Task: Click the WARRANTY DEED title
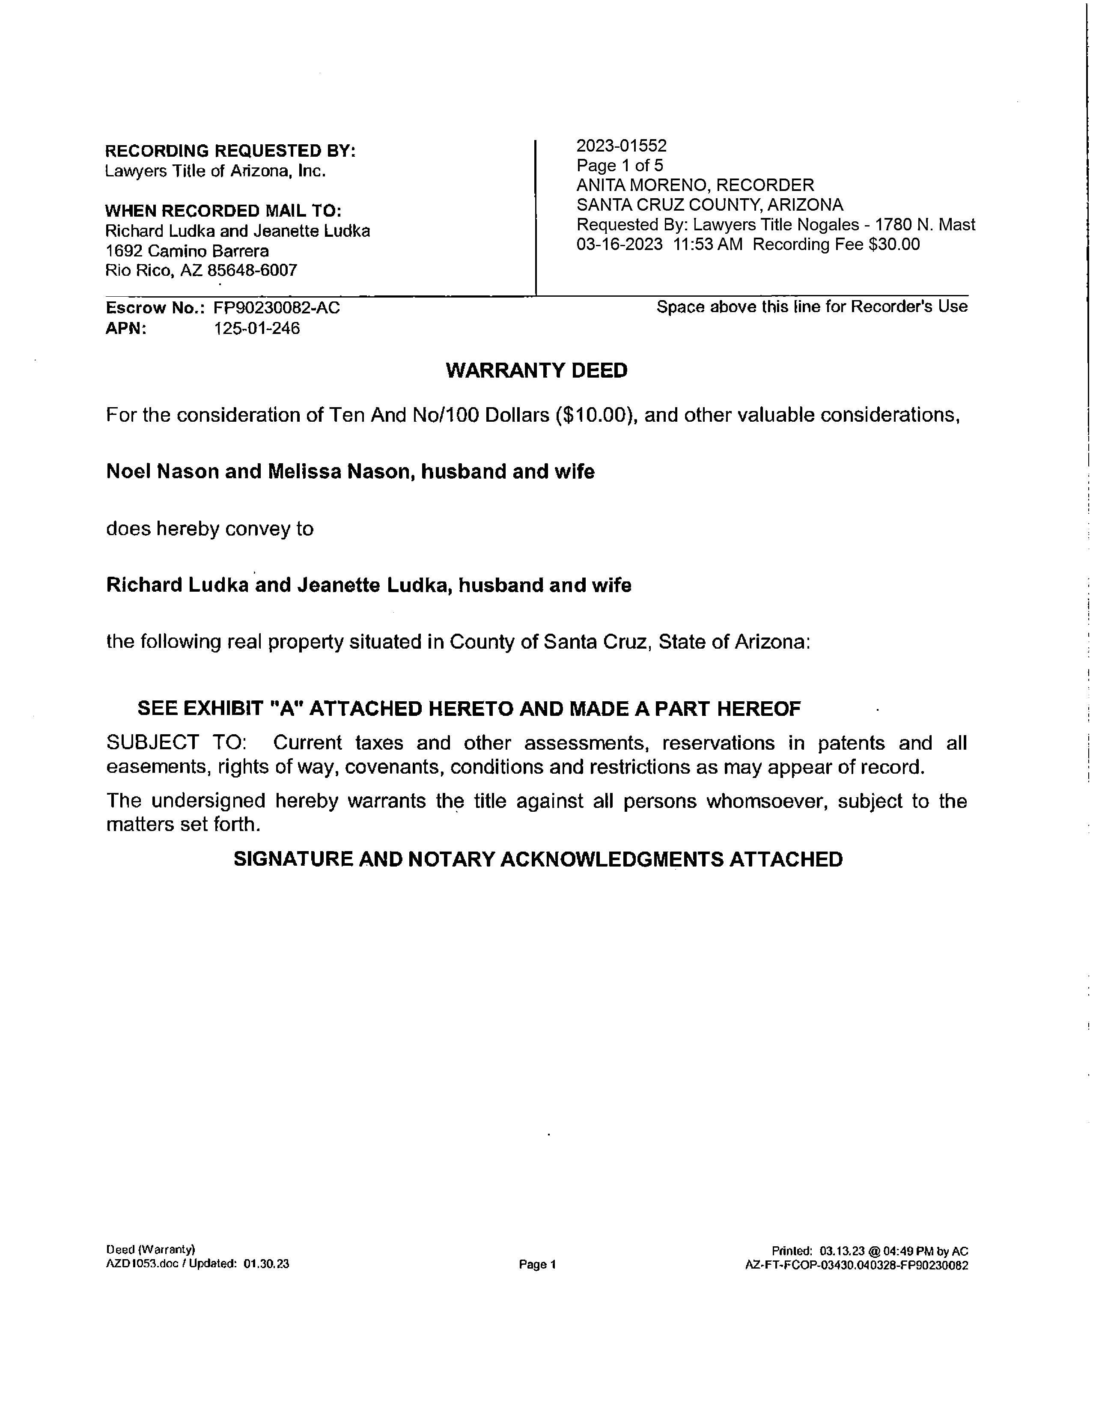tap(536, 371)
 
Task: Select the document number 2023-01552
tap(621, 146)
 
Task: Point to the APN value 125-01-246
tap(257, 328)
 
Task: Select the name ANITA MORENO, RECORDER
tap(695, 185)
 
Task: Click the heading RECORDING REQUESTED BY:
tap(230, 151)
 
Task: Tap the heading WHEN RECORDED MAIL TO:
tap(223, 211)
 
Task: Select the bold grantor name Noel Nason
tap(162, 471)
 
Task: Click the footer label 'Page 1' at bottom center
tap(538, 1265)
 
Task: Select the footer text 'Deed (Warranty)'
tap(151, 1250)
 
